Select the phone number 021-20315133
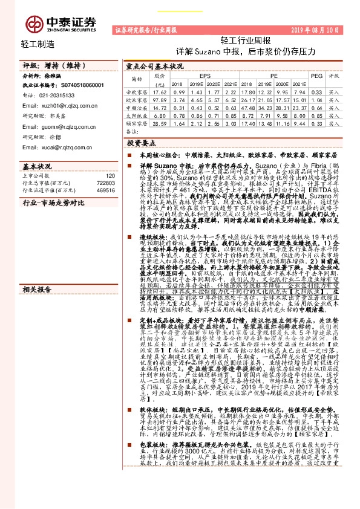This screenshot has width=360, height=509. [x=61, y=96]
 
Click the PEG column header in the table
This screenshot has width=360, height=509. [x=315, y=76]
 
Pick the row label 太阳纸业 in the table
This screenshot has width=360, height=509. [x=136, y=114]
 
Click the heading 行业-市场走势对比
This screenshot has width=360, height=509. [x=53, y=204]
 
